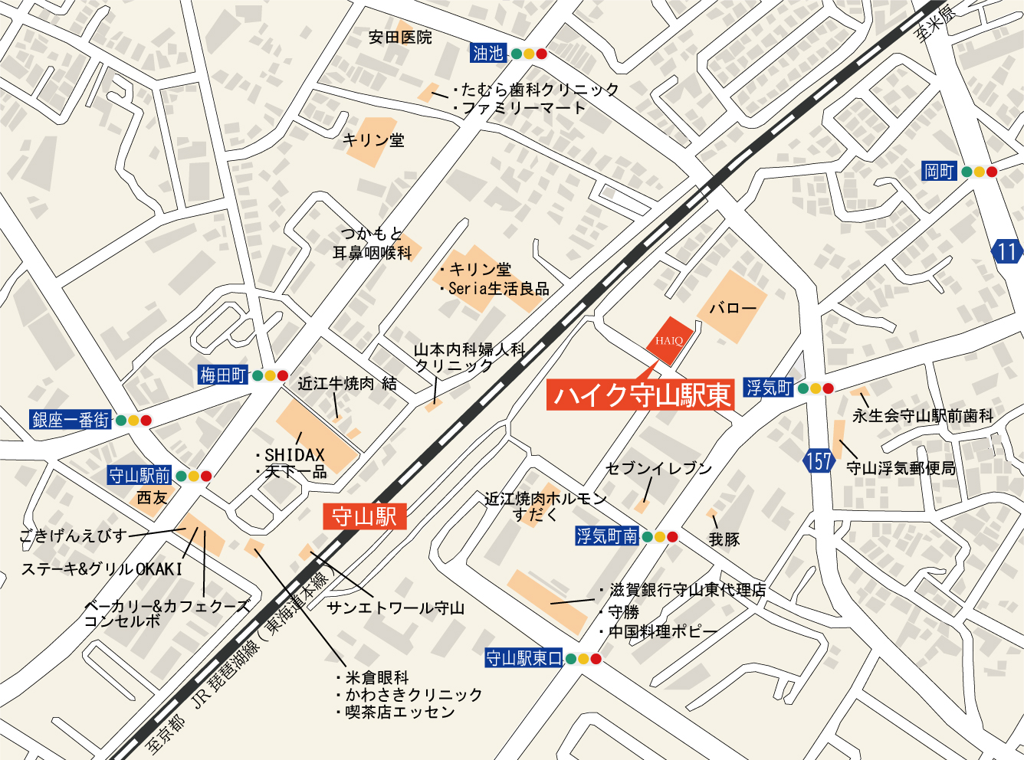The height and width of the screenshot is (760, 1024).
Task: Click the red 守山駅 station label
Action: click(x=364, y=517)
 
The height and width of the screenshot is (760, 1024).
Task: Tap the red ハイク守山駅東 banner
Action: click(x=641, y=395)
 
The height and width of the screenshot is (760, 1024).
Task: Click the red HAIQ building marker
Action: click(x=669, y=340)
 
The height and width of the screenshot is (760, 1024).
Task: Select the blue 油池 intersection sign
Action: click(x=488, y=53)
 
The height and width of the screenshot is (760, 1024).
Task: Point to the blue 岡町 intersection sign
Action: click(x=939, y=171)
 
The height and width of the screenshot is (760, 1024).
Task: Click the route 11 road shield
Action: click(x=1007, y=251)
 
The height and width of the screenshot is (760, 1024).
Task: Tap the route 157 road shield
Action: click(x=819, y=461)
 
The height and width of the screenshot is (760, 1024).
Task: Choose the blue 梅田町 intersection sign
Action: click(x=223, y=375)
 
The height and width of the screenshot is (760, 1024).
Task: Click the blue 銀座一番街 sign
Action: click(x=71, y=420)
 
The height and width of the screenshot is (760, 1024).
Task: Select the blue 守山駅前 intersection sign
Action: click(x=139, y=476)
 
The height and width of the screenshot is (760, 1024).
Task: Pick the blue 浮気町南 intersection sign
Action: click(x=607, y=536)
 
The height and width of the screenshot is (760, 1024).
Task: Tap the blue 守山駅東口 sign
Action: click(x=523, y=658)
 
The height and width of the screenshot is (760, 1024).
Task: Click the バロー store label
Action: click(x=733, y=308)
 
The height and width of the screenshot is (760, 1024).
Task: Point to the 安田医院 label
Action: click(x=400, y=37)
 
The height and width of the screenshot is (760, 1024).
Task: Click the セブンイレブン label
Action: click(x=658, y=468)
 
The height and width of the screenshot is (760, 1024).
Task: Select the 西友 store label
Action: click(x=152, y=498)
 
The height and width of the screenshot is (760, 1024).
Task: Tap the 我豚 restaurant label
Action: click(x=724, y=539)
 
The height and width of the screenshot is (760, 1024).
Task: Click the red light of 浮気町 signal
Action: click(x=828, y=388)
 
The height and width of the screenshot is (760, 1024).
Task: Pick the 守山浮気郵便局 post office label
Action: click(x=901, y=468)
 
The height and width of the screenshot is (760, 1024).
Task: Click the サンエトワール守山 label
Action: click(x=395, y=608)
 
